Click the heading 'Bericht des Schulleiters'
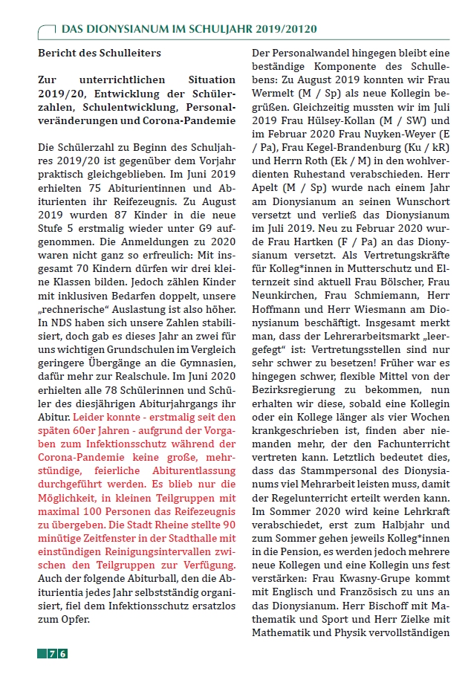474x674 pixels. point(99,53)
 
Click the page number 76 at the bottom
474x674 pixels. point(58,653)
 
